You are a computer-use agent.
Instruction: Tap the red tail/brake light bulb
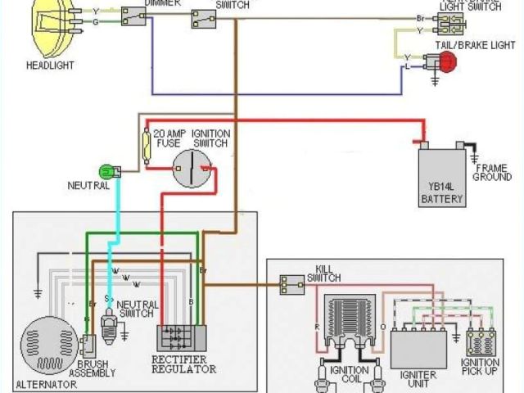pyautogui.click(x=447, y=61)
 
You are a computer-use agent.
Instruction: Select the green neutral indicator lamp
pyautogui.click(x=106, y=171)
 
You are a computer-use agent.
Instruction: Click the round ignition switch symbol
pyautogui.click(x=192, y=169)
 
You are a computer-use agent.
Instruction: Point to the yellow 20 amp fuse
pyautogui.click(x=147, y=147)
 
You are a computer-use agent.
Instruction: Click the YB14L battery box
pyautogui.click(x=442, y=176)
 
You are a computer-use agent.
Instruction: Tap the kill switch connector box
pyautogui.click(x=291, y=284)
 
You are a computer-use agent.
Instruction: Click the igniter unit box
pyautogui.click(x=418, y=346)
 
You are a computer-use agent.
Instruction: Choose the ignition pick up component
pyautogui.click(x=481, y=341)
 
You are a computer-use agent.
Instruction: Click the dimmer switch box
pyautogui.click(x=133, y=16)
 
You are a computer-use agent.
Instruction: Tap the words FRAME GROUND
pyautogui.click(x=493, y=173)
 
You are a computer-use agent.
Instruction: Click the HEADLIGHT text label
pyautogui.click(x=51, y=65)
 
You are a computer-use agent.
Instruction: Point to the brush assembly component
pyautogui.click(x=88, y=343)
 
